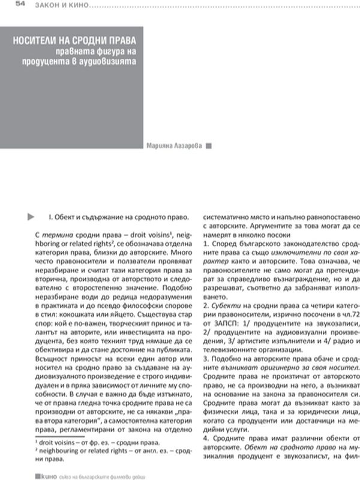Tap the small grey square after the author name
208,145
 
